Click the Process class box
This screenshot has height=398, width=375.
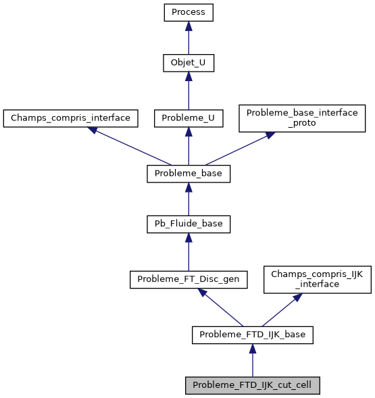click(x=189, y=13)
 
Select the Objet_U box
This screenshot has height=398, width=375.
click(x=189, y=64)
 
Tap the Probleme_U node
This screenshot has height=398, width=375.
click(x=189, y=118)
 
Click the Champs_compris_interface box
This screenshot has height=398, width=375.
click(x=70, y=118)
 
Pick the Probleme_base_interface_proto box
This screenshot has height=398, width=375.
click(x=302, y=118)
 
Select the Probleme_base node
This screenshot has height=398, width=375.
click(x=189, y=174)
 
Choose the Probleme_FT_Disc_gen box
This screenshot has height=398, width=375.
click(x=189, y=278)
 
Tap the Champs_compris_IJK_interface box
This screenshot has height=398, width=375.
click(x=317, y=278)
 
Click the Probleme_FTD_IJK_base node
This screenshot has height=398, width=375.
click(x=253, y=334)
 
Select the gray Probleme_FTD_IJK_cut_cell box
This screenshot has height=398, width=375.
click(x=253, y=385)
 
